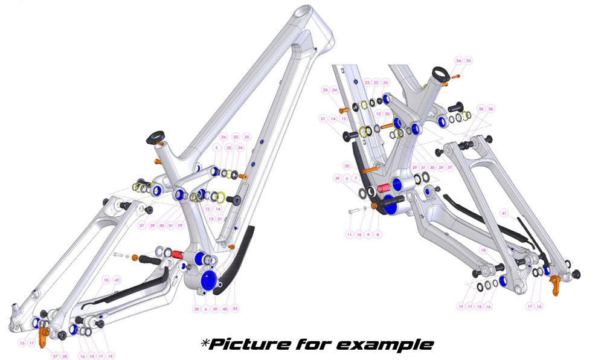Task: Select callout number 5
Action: coord(215,148)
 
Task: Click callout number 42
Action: coord(117,280)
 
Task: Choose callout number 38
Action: coord(196,309)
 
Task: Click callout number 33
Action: coord(235,309)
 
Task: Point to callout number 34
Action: coord(458,61)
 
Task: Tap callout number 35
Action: coord(468,61)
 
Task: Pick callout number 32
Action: coord(347,165)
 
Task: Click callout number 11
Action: coord(349,233)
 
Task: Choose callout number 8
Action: coord(378,233)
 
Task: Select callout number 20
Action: coord(388,114)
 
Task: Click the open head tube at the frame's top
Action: coord(306,13)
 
